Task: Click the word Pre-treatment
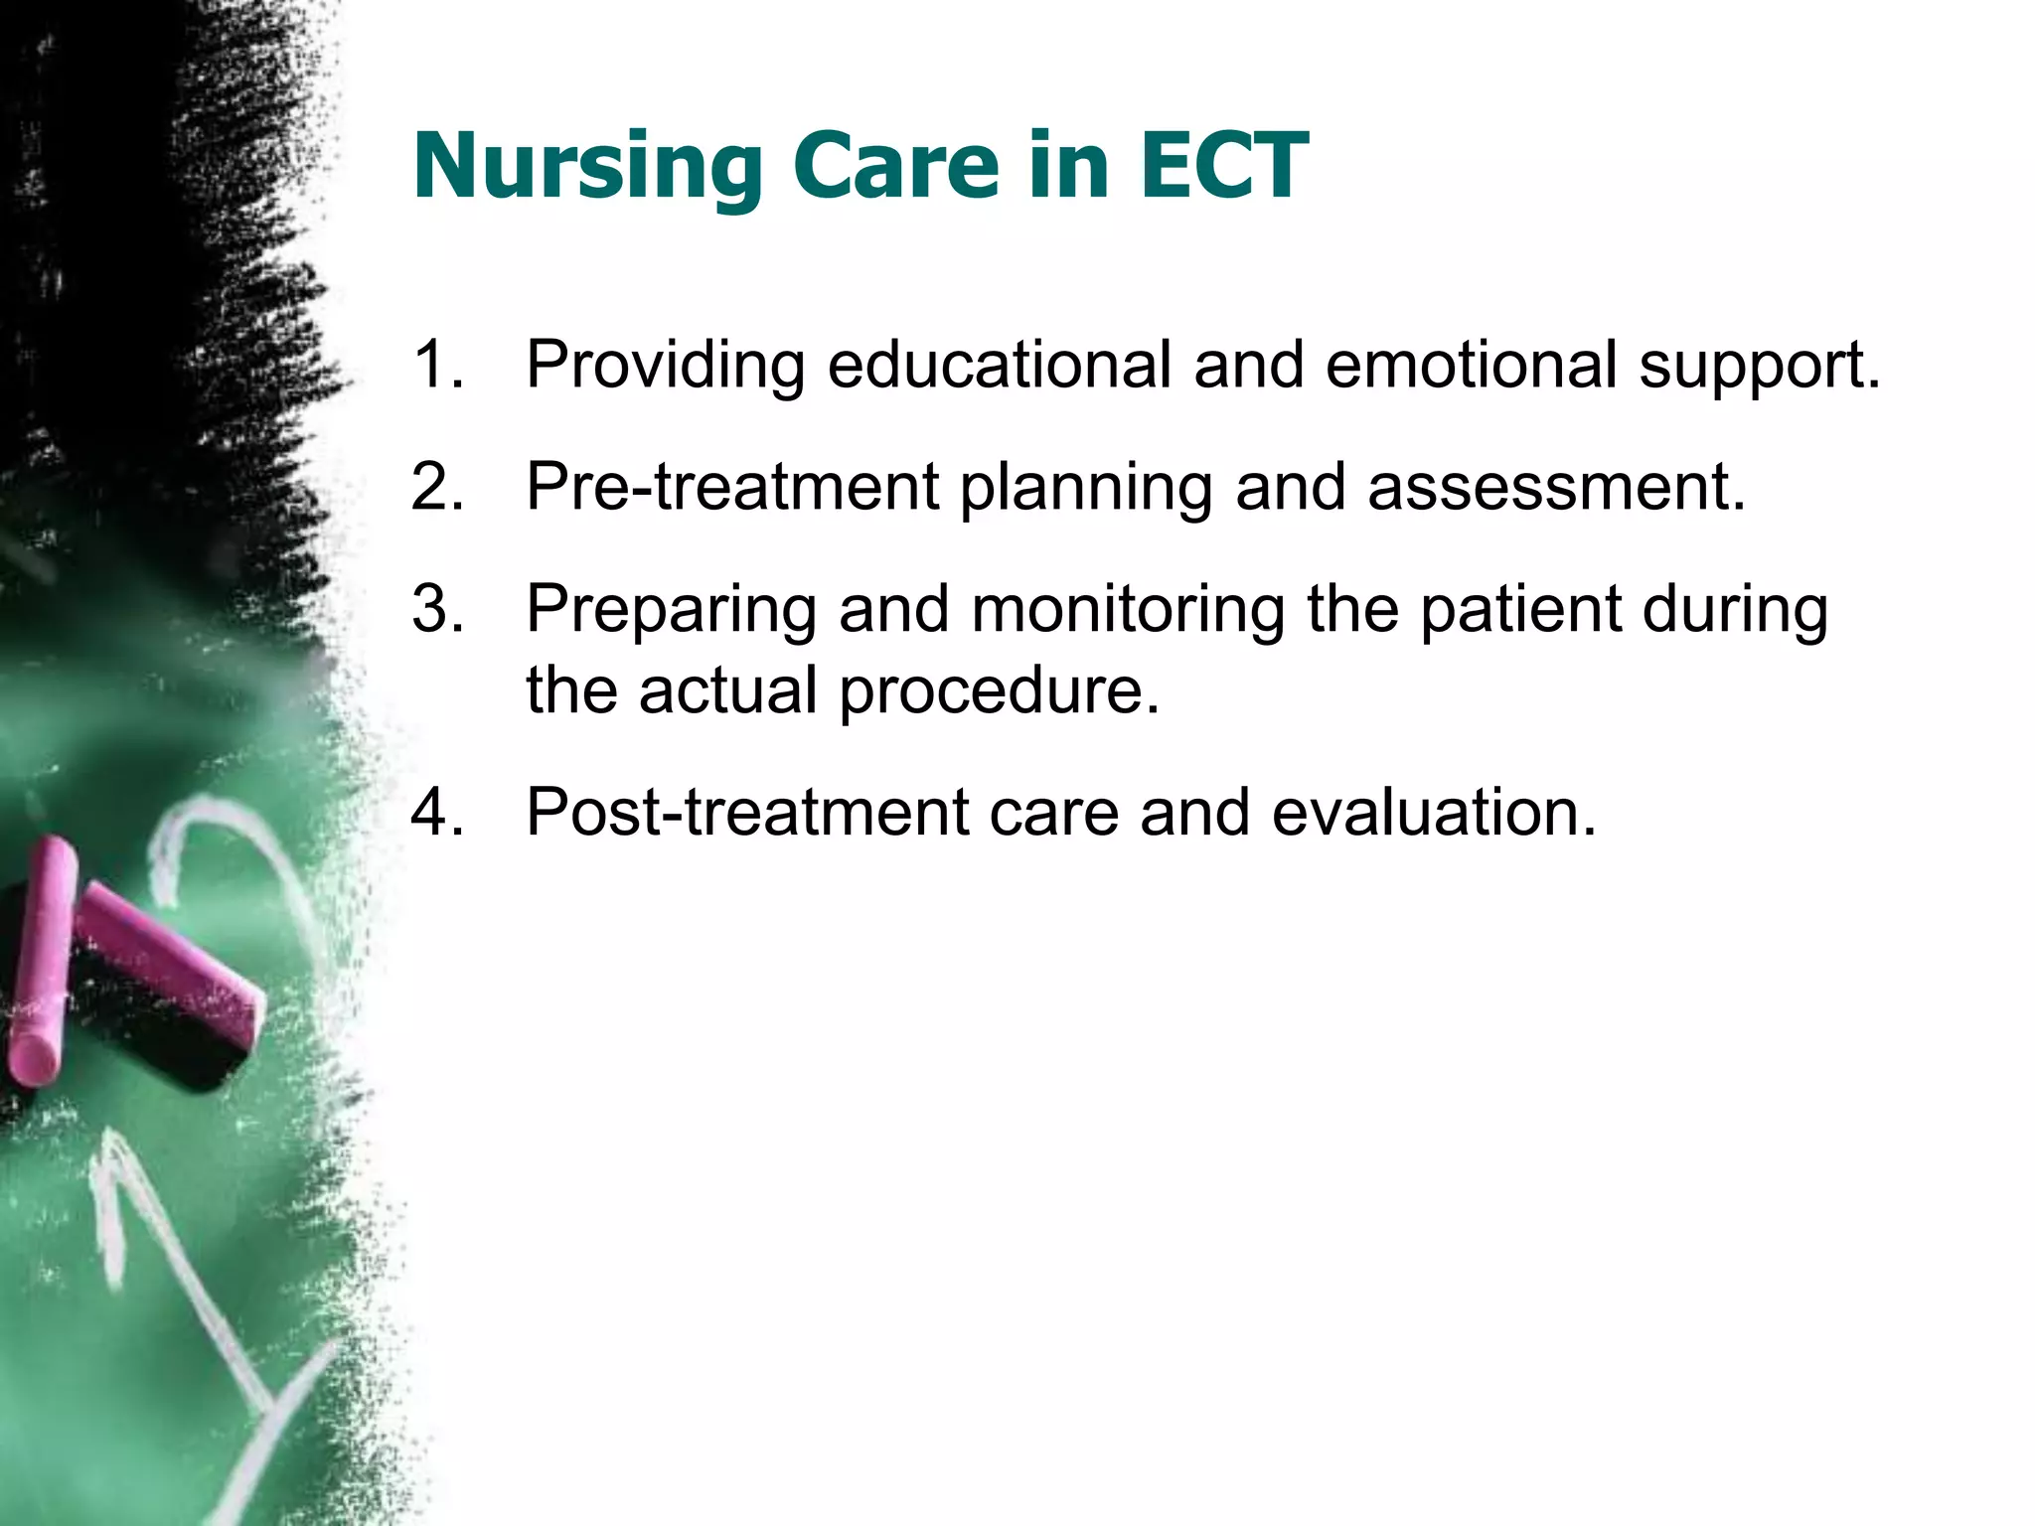(732, 487)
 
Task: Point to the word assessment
(1555, 487)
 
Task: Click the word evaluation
(1432, 812)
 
